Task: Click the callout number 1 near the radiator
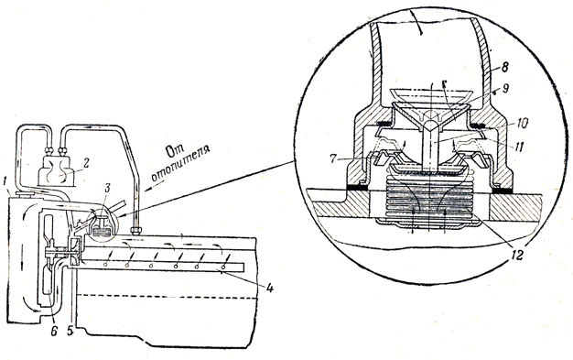click(x=4, y=181)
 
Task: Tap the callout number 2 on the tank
click(x=87, y=163)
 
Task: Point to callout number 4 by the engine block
click(x=269, y=289)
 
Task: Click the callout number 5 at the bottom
click(x=70, y=331)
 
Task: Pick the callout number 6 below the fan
click(x=54, y=331)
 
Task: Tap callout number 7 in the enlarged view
click(x=332, y=159)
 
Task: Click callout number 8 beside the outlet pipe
click(x=505, y=67)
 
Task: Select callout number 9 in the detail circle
click(x=506, y=89)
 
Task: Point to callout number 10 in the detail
click(x=523, y=124)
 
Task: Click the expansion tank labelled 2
click(x=57, y=171)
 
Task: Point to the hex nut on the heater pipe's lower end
click(x=136, y=231)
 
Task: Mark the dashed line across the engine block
click(x=166, y=297)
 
